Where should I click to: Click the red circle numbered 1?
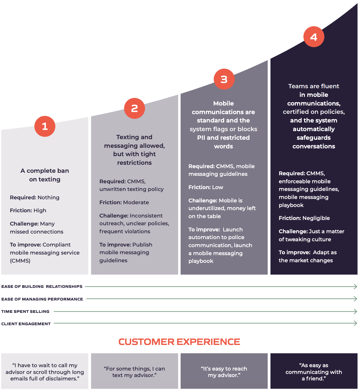click(x=45, y=126)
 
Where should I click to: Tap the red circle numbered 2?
click(x=134, y=108)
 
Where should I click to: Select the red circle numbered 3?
click(x=224, y=79)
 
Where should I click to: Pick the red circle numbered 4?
click(x=314, y=37)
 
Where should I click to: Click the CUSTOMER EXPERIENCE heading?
click(x=179, y=342)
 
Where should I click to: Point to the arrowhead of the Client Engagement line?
click(x=355, y=323)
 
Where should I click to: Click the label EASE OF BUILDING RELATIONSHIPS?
click(x=42, y=287)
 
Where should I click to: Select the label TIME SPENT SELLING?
click(x=25, y=312)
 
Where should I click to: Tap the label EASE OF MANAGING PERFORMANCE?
click(x=42, y=299)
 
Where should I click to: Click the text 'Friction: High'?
click(x=28, y=210)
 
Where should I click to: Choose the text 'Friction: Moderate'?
click(x=124, y=202)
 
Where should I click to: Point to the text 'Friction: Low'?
click(x=206, y=187)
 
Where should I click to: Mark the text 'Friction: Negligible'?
click(x=304, y=218)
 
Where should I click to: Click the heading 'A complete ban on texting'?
click(x=45, y=175)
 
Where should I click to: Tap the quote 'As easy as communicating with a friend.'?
click(x=314, y=372)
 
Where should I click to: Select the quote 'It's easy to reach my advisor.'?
click(x=224, y=372)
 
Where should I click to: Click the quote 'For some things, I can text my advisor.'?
click(x=134, y=372)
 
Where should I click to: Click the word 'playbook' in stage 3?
click(x=201, y=261)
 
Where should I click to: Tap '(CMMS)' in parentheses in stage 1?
click(x=20, y=261)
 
